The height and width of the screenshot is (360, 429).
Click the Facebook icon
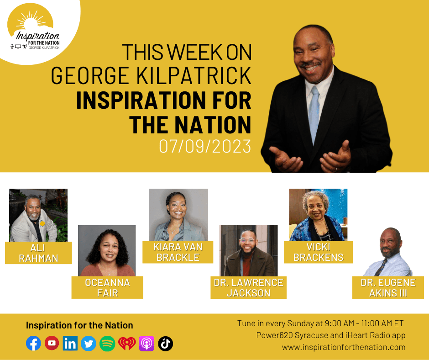[33, 343]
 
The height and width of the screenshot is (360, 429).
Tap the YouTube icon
[52, 343]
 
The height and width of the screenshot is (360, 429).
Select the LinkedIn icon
[70, 343]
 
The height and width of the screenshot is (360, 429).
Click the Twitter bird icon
[89, 344]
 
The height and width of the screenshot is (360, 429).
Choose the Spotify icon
[107, 344]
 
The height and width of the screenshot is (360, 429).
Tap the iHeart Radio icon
[127, 344]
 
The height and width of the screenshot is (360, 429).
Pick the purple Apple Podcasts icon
[146, 344]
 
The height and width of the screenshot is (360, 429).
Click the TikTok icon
[166, 344]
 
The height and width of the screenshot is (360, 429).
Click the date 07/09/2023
[205, 146]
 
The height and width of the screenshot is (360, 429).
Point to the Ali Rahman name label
[39, 253]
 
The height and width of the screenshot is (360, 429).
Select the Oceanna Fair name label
[107, 287]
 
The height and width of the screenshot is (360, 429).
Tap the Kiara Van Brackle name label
[178, 252]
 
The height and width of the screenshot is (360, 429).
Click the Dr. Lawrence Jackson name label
[248, 287]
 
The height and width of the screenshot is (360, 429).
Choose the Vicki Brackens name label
[318, 252]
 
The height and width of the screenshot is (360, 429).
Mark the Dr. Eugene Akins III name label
[388, 287]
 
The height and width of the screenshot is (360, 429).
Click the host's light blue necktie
[314, 114]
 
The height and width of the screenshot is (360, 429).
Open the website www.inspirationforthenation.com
[344, 347]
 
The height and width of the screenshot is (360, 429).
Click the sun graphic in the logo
[31, 20]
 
